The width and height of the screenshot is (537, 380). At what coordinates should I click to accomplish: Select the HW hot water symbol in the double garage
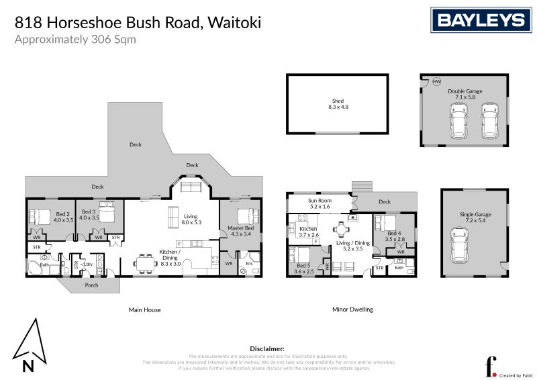point(436,81)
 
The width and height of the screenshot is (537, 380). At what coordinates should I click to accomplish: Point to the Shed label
point(338,101)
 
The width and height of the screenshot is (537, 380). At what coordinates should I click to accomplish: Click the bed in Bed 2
point(41,216)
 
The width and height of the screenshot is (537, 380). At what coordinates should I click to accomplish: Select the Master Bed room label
point(240,230)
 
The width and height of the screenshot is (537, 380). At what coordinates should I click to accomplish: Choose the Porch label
point(91,285)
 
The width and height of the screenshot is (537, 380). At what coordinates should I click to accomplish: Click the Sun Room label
point(319,201)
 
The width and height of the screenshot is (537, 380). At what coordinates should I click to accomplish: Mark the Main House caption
point(144,310)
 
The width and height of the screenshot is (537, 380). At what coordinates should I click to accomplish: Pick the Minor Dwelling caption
point(352,310)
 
